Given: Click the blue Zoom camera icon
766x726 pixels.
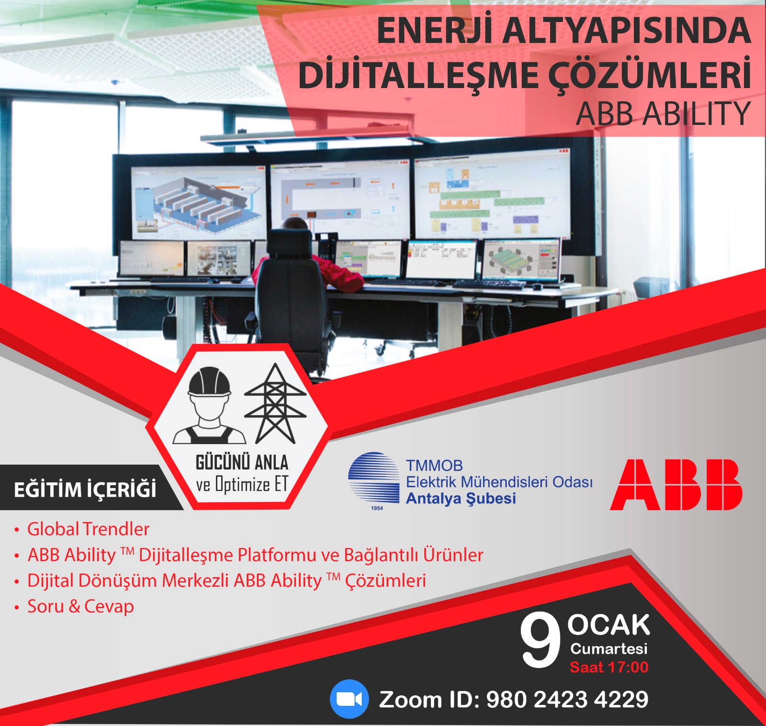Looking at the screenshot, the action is [x=349, y=699].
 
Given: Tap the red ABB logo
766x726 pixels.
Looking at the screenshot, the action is [x=676, y=484].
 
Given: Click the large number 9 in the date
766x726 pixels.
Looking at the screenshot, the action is [x=541, y=641].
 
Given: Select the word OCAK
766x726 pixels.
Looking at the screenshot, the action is [x=608, y=625].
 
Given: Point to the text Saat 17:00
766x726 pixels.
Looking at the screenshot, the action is [x=609, y=667].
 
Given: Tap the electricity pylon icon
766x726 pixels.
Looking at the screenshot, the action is [x=275, y=403].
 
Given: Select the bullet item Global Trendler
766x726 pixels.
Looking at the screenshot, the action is [x=88, y=529].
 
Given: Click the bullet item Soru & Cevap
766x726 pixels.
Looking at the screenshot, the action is [x=80, y=606].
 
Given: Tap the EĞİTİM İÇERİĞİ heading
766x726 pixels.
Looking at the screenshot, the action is [x=85, y=489].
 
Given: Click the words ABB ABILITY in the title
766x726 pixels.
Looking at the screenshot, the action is [x=663, y=113].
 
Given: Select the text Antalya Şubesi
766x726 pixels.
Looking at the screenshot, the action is [x=461, y=498].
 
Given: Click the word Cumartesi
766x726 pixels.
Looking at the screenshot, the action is [x=608, y=648].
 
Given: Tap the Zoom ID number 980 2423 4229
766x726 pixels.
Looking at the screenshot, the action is [x=567, y=699].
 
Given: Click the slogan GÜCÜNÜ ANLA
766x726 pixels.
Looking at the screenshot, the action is [x=242, y=462].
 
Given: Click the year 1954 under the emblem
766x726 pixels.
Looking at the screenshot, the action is [x=377, y=508].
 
